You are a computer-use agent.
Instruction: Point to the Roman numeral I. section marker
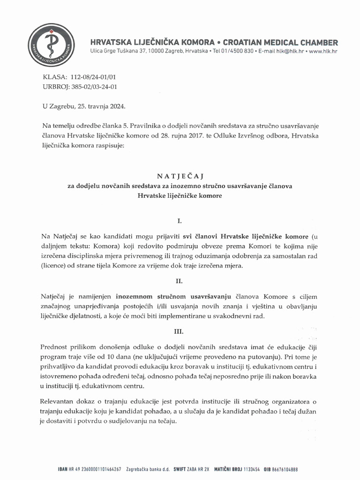point(180,220)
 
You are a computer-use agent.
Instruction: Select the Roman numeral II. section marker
point(180,281)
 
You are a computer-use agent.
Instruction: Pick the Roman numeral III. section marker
point(180,331)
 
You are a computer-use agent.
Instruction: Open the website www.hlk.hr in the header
point(323,50)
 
